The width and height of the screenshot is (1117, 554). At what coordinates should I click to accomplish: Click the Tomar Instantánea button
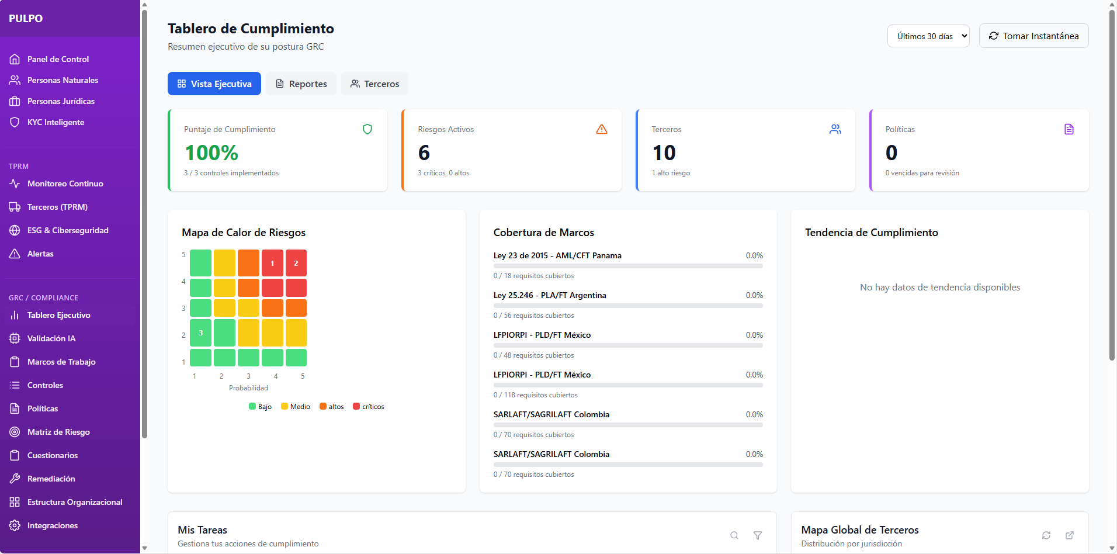point(1033,36)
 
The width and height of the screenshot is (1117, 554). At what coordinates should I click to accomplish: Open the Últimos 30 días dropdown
point(928,36)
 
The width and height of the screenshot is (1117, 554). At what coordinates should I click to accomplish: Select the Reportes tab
point(301,84)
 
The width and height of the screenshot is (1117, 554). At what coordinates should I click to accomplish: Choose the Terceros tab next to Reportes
point(374,84)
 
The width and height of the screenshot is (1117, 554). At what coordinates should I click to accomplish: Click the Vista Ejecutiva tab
point(214,84)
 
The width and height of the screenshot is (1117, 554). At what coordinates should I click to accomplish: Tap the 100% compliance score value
point(211,153)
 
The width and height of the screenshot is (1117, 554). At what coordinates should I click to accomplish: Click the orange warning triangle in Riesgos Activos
point(601,129)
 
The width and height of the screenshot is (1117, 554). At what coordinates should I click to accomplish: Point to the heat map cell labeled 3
point(200,333)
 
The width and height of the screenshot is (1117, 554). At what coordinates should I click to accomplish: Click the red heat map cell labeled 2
point(296,263)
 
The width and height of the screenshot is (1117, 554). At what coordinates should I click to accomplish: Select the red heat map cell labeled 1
point(272,263)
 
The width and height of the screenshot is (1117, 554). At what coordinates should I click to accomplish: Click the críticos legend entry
point(369,406)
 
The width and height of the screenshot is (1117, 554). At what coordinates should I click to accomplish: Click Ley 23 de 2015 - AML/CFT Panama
point(557,255)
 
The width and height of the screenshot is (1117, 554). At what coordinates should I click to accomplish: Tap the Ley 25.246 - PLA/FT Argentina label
point(549,295)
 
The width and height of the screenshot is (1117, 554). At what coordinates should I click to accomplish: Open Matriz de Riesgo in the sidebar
point(58,432)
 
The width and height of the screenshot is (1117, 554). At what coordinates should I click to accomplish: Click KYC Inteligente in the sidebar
point(55,122)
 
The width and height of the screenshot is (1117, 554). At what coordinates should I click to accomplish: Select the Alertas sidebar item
point(40,254)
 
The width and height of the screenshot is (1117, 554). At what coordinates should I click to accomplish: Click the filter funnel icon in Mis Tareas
point(757,535)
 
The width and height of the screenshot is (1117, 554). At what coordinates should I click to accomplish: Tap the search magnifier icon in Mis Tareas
point(734,535)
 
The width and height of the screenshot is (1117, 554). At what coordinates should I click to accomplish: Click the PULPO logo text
point(26,18)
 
